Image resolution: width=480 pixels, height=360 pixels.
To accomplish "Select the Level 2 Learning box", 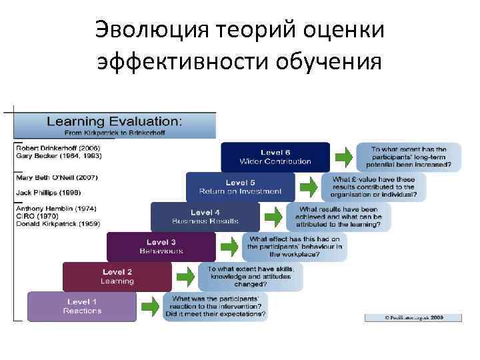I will tap(117, 277).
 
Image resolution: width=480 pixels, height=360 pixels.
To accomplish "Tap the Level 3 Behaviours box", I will tap(161, 247).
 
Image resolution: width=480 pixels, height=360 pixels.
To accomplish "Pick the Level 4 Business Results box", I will tap(205, 217).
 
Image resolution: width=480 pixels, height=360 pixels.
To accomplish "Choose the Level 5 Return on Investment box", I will tap(240, 187).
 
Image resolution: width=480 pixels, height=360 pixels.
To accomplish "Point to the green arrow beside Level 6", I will tap(343, 157).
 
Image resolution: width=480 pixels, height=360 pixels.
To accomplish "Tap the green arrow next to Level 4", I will tap(273, 217).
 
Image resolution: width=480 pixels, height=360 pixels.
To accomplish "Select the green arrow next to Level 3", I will tap(229, 247).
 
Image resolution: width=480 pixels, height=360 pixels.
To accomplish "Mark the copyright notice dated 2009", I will tap(413, 318).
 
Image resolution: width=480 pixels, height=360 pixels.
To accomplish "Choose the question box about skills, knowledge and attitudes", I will tap(251, 275).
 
